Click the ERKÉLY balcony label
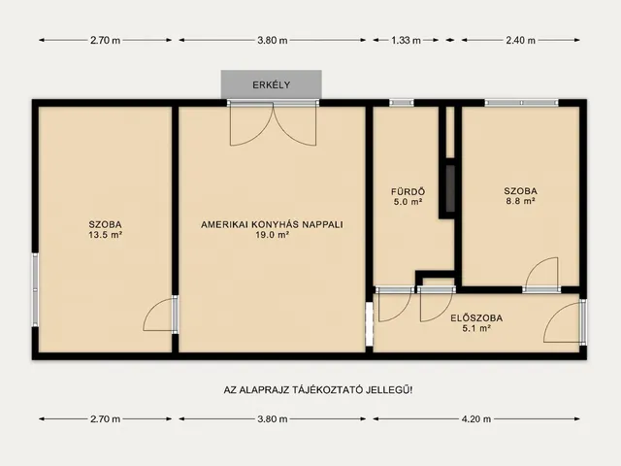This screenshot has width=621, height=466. (x=272, y=84)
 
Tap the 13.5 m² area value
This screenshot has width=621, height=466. (x=105, y=235)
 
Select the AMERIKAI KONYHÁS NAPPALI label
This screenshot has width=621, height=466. (x=272, y=224)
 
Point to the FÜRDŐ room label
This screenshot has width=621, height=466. (x=408, y=192)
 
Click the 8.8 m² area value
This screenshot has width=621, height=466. (x=520, y=201)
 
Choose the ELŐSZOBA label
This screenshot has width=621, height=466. (x=476, y=318)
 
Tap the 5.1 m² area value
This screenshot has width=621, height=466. (x=476, y=328)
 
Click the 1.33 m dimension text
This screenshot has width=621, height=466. (x=406, y=40)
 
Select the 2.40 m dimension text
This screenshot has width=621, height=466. (x=520, y=40)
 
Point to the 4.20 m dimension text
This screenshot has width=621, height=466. (x=476, y=418)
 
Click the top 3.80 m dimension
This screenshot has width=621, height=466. (x=273, y=40)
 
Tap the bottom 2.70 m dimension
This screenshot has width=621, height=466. (x=106, y=418)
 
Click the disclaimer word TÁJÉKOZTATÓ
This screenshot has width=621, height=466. (x=327, y=390)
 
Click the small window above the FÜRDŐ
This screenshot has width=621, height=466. (x=402, y=103)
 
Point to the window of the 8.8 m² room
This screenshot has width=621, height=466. (x=521, y=103)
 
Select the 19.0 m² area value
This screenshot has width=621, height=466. (x=272, y=235)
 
